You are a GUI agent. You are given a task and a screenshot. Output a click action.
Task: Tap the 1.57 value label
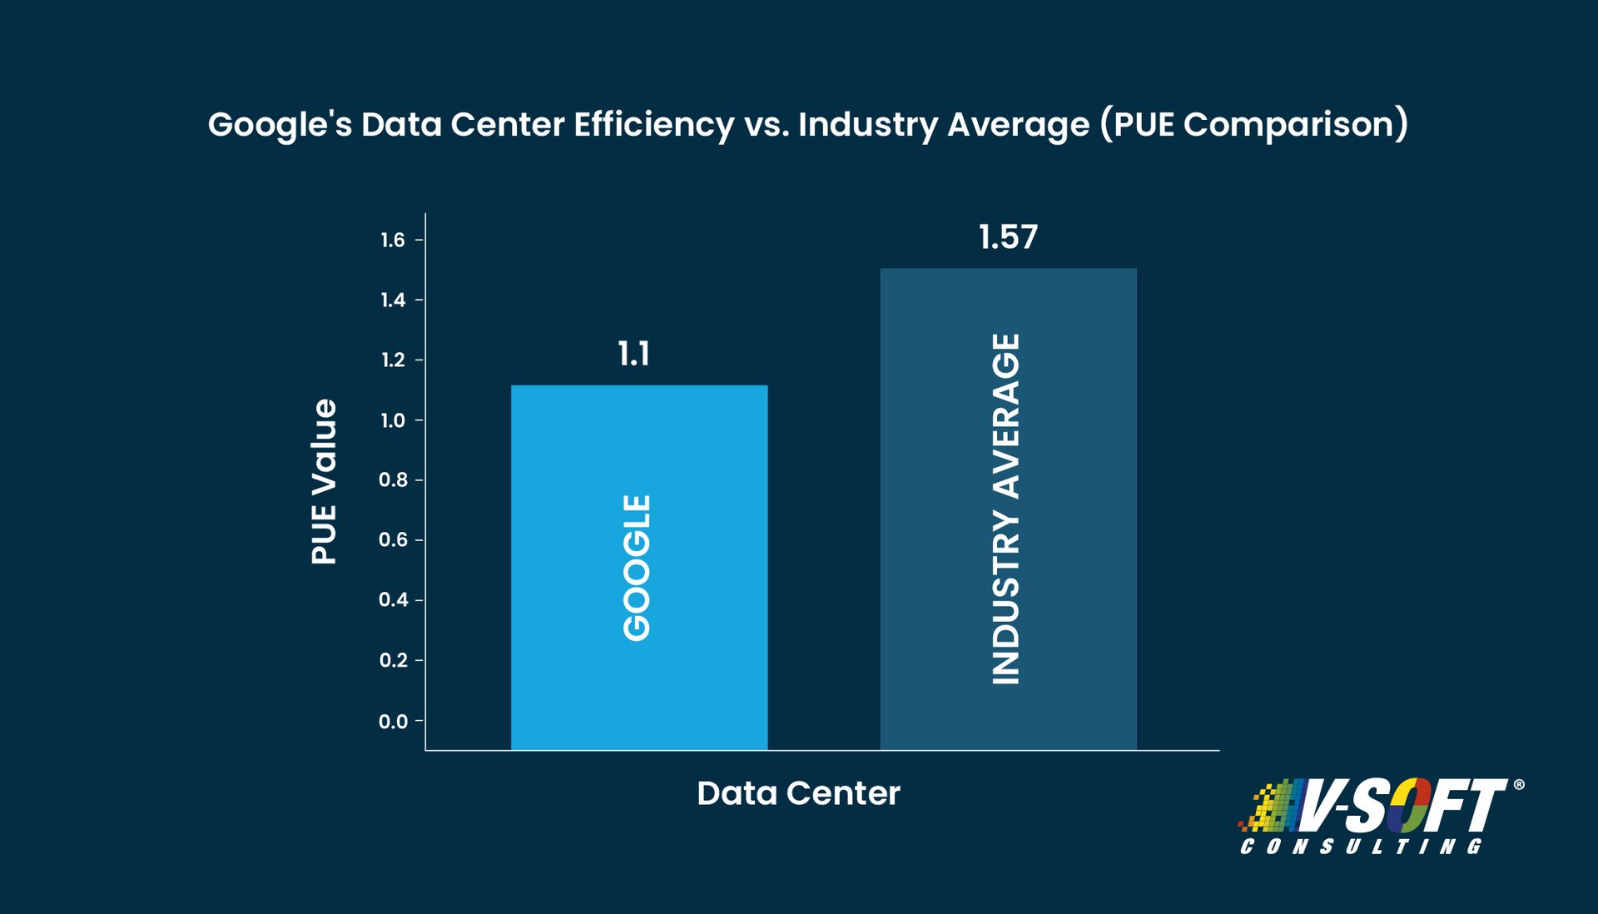1008,237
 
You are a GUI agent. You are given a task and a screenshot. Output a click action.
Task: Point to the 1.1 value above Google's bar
633,355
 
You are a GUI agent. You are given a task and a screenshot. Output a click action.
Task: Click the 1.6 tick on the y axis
393,240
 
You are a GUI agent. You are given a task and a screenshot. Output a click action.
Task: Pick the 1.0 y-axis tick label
393,420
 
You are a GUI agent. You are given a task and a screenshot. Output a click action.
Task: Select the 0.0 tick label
393,721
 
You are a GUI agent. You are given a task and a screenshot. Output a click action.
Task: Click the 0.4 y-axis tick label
393,600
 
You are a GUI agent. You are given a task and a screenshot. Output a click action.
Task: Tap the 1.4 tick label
393,300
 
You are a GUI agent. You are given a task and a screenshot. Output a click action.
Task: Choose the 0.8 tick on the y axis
393,480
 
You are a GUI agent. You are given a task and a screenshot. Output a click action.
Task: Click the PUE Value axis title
324,481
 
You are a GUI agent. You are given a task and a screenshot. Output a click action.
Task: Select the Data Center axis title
798,793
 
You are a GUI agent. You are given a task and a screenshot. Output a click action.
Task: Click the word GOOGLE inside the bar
637,568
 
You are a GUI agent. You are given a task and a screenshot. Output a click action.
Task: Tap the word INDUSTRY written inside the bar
1005,598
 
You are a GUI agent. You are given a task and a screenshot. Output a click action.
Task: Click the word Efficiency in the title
653,125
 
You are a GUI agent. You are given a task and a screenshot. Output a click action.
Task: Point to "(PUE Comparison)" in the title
1253,125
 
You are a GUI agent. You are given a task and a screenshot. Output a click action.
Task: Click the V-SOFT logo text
1407,806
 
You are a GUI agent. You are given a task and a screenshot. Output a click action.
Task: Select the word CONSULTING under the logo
1361,847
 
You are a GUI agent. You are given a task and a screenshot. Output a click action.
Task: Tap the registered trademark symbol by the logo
1518,784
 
